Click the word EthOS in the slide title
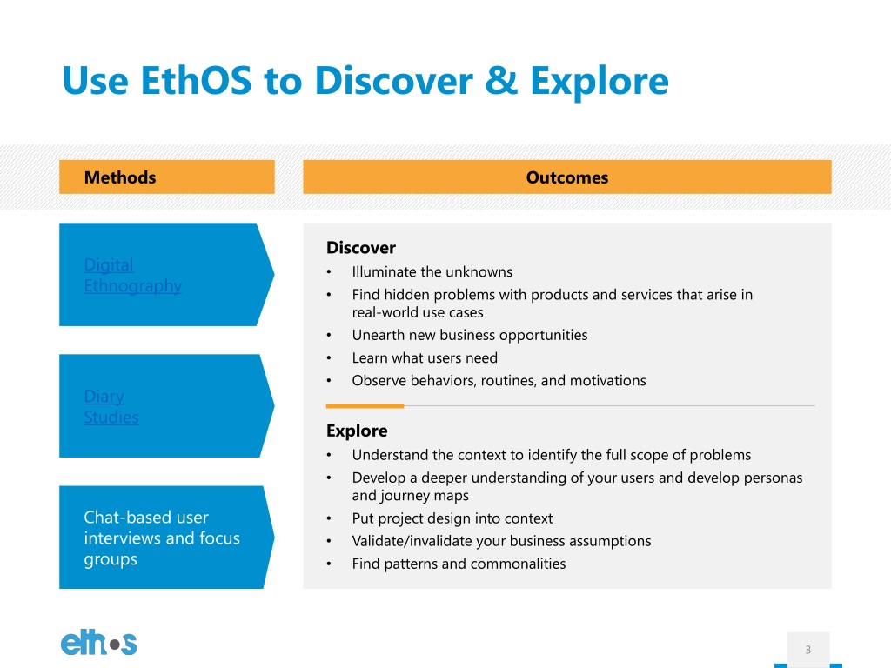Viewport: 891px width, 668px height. (196, 80)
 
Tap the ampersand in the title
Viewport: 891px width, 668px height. (501, 80)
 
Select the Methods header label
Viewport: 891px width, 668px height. (120, 177)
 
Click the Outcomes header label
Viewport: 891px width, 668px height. (567, 177)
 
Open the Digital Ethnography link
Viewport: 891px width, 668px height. (132, 275)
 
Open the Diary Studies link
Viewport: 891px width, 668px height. (111, 407)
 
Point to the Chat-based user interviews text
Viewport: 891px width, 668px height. (162, 538)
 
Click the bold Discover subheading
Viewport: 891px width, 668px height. (361, 248)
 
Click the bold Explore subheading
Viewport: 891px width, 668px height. (357, 431)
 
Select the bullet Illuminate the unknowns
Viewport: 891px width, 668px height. (432, 271)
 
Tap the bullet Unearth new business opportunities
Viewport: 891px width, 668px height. (469, 335)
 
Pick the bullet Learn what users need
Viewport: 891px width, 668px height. (425, 357)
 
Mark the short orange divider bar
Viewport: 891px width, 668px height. (365, 406)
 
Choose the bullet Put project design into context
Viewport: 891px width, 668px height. (452, 518)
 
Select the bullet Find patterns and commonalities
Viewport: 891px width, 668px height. (459, 564)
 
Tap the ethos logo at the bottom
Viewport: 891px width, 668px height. (99, 643)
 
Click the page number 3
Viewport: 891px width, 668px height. (808, 649)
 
